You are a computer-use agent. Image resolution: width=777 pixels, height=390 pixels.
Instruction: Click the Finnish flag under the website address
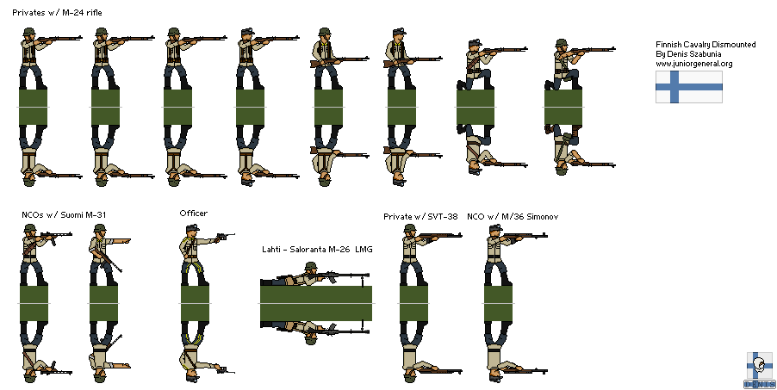(688, 87)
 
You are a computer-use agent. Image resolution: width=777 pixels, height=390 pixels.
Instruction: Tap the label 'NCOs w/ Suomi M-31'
(64, 214)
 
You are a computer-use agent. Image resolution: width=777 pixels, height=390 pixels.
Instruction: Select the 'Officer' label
(193, 214)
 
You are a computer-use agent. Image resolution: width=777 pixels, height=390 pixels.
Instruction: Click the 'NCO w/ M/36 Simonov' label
(513, 217)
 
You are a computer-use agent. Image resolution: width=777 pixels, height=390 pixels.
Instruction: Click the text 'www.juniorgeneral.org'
(693, 64)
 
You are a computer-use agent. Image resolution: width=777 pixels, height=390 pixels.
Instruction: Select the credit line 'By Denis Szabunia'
(689, 53)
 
